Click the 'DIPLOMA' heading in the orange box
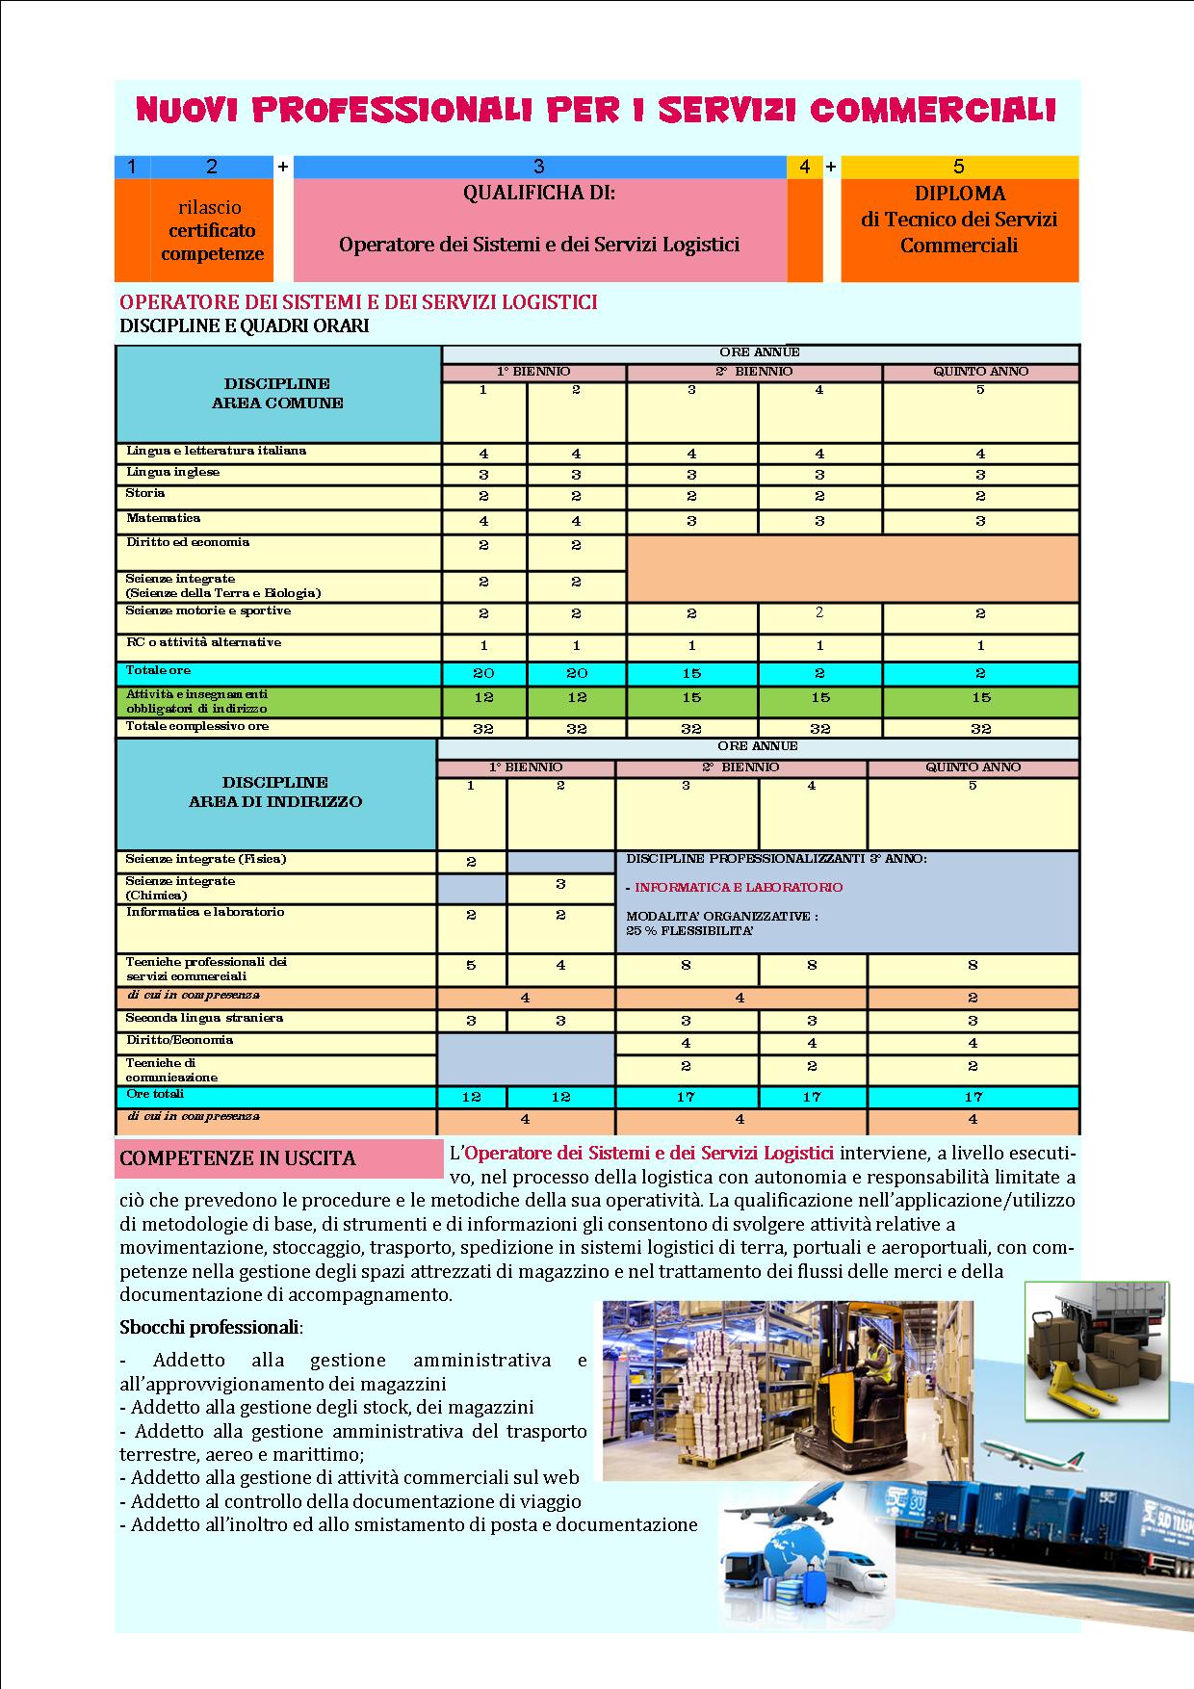(x=959, y=194)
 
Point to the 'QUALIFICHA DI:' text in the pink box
(x=538, y=193)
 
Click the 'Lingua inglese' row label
(x=173, y=472)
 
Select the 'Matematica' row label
(x=163, y=518)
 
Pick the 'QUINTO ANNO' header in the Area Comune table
(x=980, y=372)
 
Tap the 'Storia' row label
(x=145, y=493)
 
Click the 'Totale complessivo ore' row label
(x=197, y=726)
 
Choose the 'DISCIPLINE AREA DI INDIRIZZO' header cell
(x=275, y=792)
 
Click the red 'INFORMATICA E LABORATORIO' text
(x=739, y=887)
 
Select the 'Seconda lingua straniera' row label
(x=204, y=1018)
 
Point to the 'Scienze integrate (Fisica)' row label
(x=206, y=859)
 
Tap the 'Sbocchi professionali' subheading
(x=210, y=1327)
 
